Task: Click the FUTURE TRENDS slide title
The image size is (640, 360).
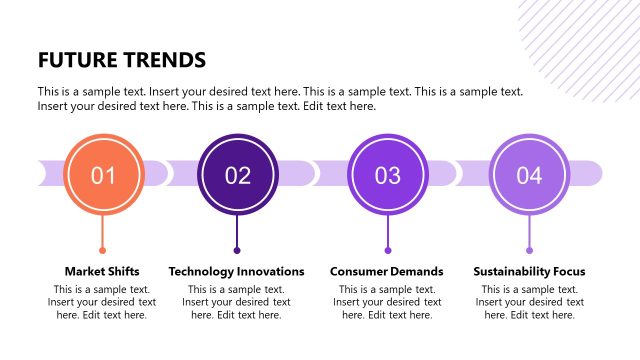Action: coord(121,59)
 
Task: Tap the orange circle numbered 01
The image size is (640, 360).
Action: coord(103,176)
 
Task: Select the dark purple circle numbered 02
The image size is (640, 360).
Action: coord(237,176)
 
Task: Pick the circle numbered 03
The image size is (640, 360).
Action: coord(387,176)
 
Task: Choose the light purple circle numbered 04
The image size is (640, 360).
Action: coord(529,176)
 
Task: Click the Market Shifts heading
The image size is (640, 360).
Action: coord(102,271)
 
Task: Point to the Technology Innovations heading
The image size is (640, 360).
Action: coord(236,271)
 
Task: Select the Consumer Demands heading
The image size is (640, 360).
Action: coord(387,271)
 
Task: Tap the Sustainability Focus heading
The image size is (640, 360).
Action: coord(529,271)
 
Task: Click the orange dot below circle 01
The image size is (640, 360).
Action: coord(102,250)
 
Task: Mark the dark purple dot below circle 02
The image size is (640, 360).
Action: coord(237,250)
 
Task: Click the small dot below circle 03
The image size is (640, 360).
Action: coord(388,250)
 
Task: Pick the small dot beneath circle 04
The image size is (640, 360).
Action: coord(529,250)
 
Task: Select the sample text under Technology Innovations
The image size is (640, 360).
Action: coord(236,302)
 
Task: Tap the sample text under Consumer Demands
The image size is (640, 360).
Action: coord(387,302)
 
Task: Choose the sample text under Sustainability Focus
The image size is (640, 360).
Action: coord(529,302)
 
